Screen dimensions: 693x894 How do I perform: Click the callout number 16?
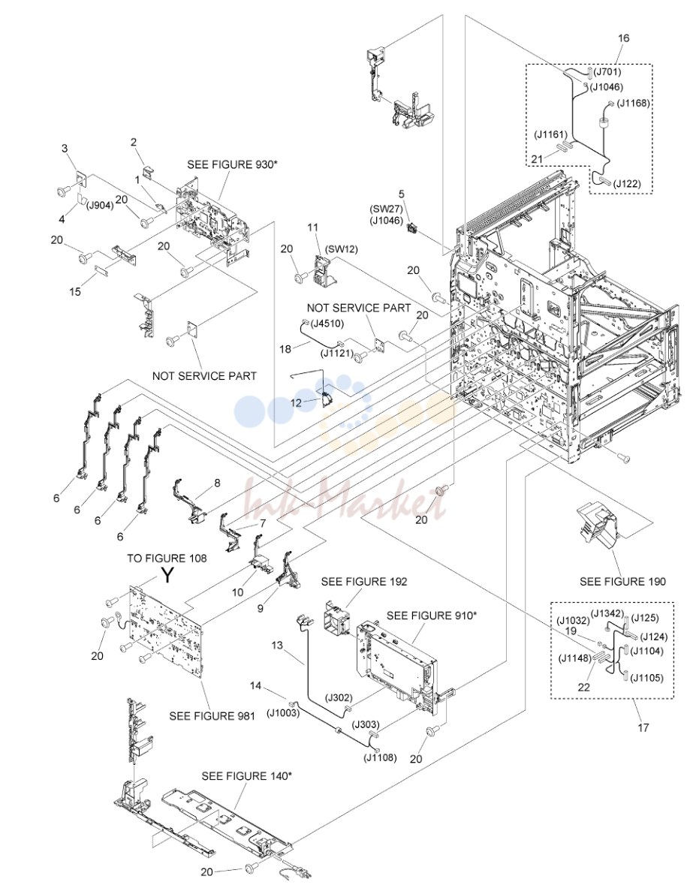tap(623, 38)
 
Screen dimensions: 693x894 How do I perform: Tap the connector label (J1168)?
tap(633, 103)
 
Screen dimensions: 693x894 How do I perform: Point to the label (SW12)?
tap(341, 249)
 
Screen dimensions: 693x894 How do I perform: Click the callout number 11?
tap(313, 227)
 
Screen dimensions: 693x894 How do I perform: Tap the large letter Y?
tap(167, 575)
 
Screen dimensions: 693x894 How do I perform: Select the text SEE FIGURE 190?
tap(622, 582)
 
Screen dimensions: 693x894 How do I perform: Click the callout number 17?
tap(643, 727)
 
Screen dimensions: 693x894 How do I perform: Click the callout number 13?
tap(276, 646)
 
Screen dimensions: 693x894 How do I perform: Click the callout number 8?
tap(217, 483)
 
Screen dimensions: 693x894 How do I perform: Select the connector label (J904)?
tap(100, 206)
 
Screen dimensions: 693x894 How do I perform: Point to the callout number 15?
tap(75, 292)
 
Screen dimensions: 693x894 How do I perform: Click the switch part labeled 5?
tap(412, 229)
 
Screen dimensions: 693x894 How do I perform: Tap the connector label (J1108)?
tap(380, 758)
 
